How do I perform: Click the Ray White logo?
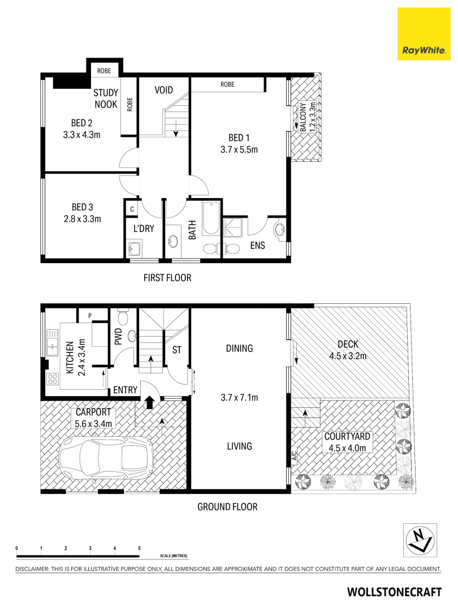tap(425, 34)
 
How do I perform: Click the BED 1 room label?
tap(239, 137)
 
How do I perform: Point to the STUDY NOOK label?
tap(105, 98)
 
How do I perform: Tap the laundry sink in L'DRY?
tap(136, 248)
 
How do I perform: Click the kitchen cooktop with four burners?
tap(53, 378)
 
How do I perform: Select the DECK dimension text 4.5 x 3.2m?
tap(348, 356)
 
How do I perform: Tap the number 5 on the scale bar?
tap(139, 549)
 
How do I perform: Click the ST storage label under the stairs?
tap(176, 350)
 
